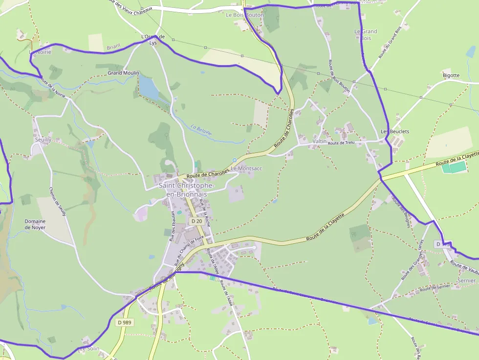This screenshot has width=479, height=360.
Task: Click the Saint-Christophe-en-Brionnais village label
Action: [183, 190]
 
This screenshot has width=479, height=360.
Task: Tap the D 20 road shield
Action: [196, 221]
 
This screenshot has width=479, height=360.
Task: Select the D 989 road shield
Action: [125, 322]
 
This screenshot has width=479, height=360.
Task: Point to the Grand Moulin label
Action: [124, 73]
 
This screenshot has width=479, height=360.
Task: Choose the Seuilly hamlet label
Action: [43, 139]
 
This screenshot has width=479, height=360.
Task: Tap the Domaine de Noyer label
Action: [35, 224]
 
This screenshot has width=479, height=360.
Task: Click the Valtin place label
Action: [319, 141]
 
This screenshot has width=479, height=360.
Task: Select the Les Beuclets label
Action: [395, 132]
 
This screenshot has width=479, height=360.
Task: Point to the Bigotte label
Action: [451, 75]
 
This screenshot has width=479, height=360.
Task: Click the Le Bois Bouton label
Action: [244, 15]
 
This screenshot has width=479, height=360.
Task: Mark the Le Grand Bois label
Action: [366, 35]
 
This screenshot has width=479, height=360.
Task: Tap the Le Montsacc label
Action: [246, 168]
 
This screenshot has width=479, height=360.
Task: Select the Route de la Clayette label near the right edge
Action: [457, 158]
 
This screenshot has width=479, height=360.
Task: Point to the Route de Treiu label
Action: [341, 143]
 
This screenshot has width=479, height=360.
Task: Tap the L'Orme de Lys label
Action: [152, 39]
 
